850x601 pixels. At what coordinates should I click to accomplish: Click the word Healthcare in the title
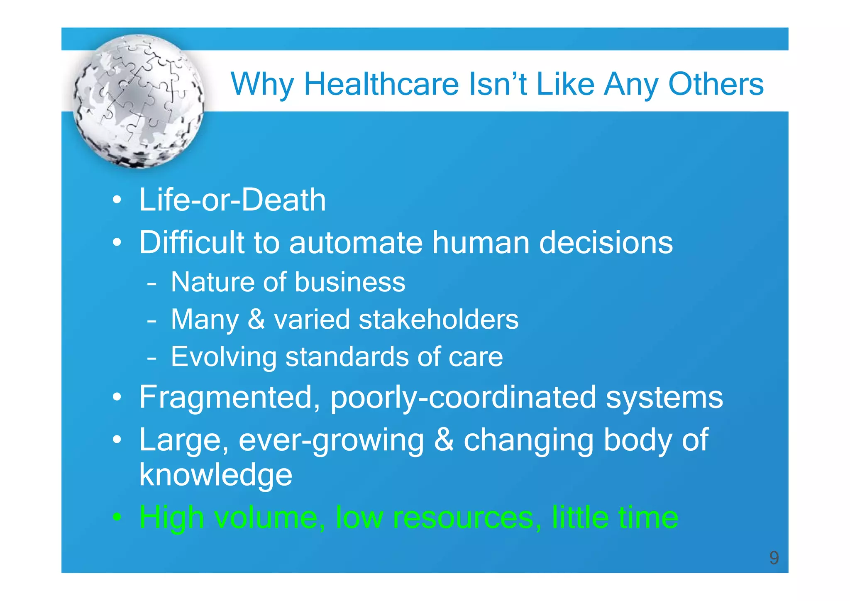point(381,84)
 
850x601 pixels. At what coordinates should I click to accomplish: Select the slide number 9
point(774,557)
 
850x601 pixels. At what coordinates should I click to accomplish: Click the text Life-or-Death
point(232,200)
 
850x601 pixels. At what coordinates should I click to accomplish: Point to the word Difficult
point(192,242)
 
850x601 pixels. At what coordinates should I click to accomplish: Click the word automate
point(356,242)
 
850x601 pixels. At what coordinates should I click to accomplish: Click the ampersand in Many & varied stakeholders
point(256,319)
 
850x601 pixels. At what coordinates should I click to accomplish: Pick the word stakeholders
point(438,319)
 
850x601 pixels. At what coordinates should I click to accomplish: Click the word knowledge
point(215,475)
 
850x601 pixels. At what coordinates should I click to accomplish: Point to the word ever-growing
point(331,440)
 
